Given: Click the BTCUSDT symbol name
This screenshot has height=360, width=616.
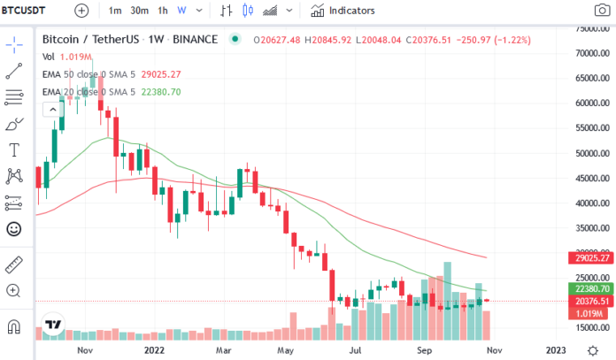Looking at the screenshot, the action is tap(23, 11).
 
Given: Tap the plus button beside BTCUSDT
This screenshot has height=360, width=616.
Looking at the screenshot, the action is tap(81, 11).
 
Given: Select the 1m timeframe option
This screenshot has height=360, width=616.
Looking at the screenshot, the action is tap(115, 11).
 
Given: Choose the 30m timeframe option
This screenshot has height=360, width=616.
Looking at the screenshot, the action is tap(140, 11).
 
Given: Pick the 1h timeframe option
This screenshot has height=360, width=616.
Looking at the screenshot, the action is tap(163, 11).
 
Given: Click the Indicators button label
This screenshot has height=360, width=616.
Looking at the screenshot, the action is tap(352, 11).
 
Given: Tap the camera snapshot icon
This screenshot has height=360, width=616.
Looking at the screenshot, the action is tap(602, 11).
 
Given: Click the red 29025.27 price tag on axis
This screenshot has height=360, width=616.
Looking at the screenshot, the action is tap(591, 258).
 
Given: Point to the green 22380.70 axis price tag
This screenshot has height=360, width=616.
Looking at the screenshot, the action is tap(591, 289).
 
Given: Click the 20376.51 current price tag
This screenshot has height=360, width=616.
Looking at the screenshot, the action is tap(591, 301).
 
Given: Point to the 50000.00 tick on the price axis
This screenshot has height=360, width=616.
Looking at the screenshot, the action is tap(592, 153).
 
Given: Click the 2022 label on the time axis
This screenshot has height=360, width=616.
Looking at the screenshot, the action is tap(154, 350).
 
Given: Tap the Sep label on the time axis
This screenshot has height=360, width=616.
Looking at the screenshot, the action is tap(424, 350).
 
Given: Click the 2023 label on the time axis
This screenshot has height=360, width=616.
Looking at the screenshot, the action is tap(556, 350).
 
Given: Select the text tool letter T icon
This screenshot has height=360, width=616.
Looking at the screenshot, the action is tap(14, 150).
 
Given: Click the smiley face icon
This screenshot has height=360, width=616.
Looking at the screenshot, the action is tap(14, 229).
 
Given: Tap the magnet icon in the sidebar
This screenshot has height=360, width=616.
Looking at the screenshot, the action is tap(14, 326).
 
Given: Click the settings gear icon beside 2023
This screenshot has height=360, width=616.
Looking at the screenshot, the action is tap(592, 350).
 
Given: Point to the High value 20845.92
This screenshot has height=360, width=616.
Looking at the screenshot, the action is tap(328, 40).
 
